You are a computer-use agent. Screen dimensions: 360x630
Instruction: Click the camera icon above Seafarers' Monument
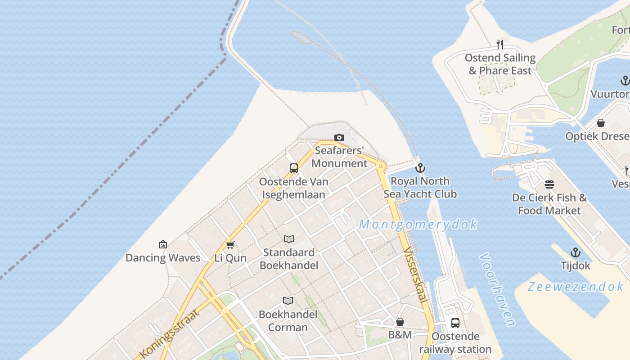point(339,137)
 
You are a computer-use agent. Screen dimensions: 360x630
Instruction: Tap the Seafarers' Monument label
point(339,157)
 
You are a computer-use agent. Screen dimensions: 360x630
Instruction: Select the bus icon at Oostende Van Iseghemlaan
point(294,168)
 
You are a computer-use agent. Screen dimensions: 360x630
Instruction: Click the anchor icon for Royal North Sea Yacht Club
point(420,168)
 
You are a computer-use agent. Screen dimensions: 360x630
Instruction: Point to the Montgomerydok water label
point(418,224)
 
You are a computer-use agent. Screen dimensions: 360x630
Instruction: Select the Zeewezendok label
point(576,287)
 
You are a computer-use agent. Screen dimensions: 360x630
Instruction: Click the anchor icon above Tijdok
point(575,252)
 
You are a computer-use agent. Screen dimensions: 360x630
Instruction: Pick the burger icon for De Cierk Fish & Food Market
point(549,184)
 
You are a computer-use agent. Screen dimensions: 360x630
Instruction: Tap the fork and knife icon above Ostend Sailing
point(499,44)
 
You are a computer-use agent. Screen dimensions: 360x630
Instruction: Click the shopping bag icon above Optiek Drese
point(600,123)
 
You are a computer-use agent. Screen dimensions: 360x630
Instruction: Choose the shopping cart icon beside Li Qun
point(230,245)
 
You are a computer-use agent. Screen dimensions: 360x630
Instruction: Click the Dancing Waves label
point(163,258)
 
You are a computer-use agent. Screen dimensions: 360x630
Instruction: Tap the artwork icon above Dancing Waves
point(163,245)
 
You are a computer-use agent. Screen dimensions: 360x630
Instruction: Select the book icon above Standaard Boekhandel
point(288,239)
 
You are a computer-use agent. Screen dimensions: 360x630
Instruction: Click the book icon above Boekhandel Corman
point(288,301)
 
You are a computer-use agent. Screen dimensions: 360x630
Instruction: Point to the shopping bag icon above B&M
point(400,322)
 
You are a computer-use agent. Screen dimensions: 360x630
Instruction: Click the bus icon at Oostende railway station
point(455,323)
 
